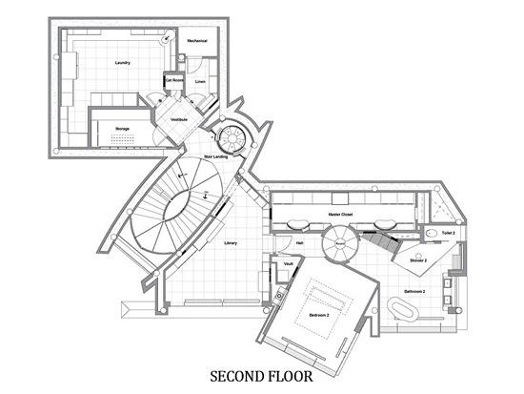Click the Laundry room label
pos(122,63)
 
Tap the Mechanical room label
pos(197,41)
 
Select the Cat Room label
pos(174,80)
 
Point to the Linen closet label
pos(200,82)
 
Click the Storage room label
pos(122,128)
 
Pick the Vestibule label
pos(179,119)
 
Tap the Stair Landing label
pos(215,156)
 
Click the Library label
pos(231,243)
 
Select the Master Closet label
pos(341,216)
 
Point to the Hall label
pos(300,243)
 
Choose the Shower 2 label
pos(418,260)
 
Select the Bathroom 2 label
pos(413,290)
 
